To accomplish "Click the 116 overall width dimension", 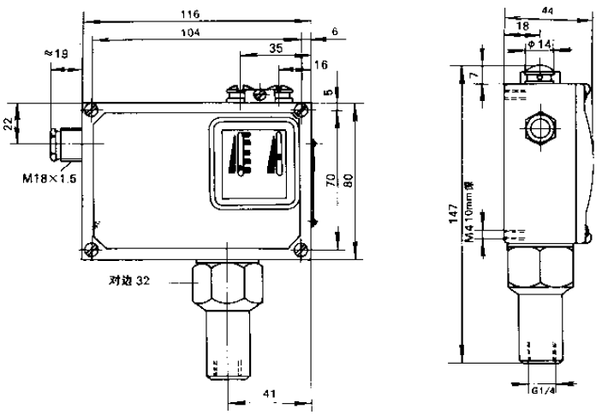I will coord(191,15).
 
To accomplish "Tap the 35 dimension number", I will coord(274,50).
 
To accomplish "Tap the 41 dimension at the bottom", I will coord(268,394).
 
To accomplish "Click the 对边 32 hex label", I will coord(129,279).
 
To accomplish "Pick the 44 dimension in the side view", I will coord(547,8).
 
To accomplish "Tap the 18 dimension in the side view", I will coord(522,27).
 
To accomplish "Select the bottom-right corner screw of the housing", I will coord(300,250).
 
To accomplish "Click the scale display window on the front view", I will coord(253,160).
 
